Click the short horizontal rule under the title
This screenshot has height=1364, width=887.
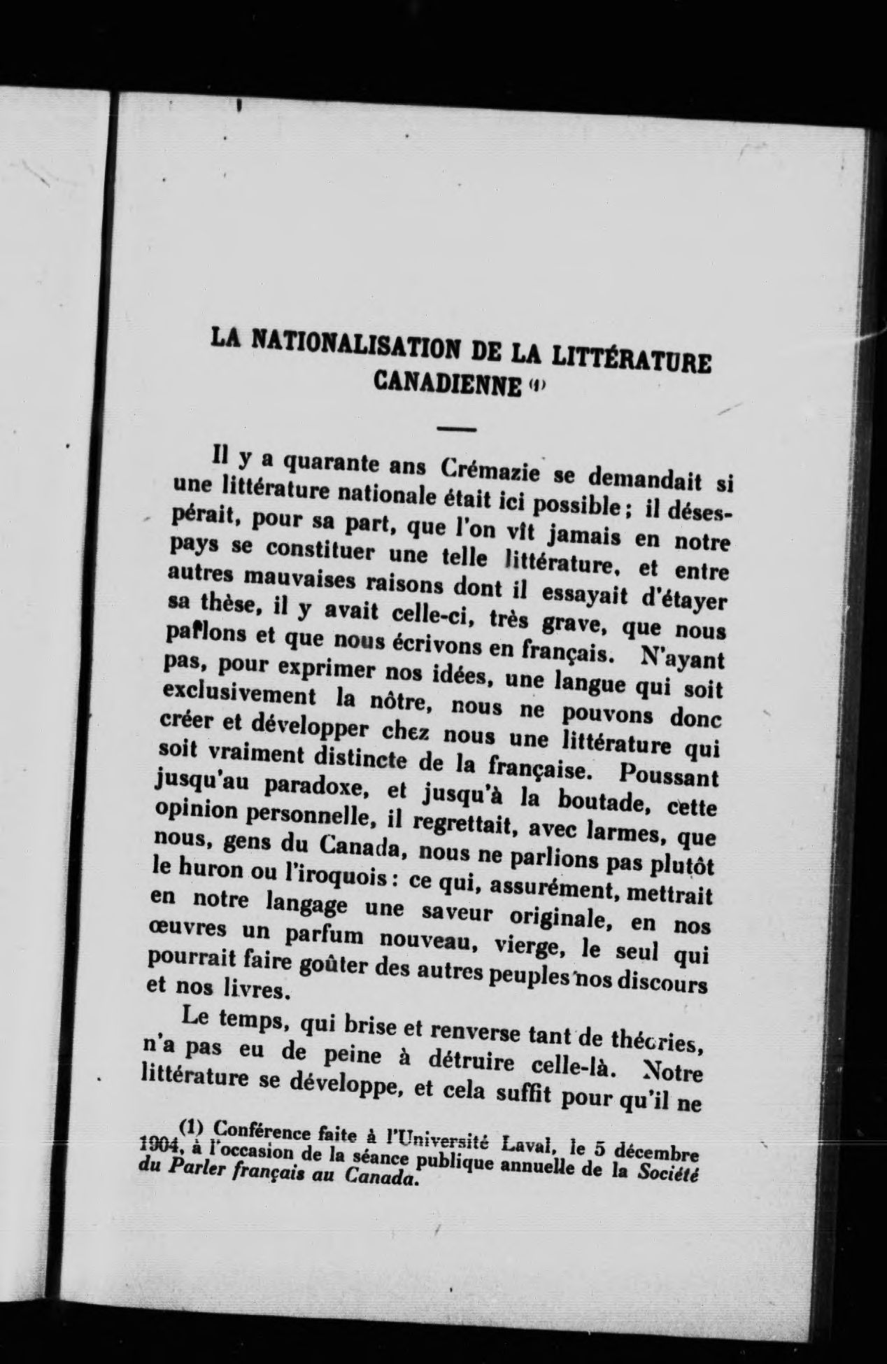point(457,428)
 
